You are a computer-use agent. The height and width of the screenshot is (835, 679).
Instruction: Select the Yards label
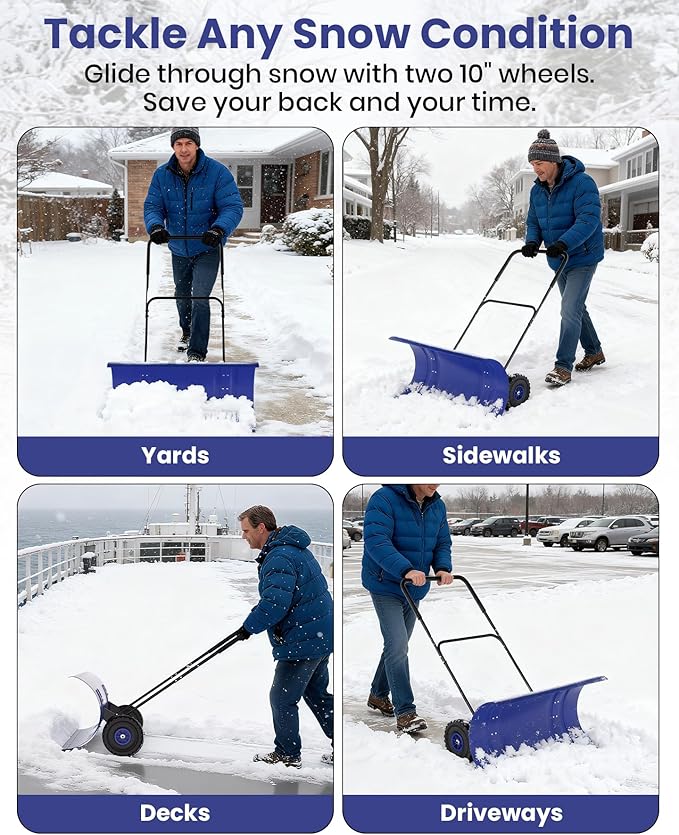click(175, 456)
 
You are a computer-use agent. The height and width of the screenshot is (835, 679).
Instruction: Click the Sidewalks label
click(501, 456)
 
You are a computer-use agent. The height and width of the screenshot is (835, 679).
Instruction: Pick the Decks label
click(175, 813)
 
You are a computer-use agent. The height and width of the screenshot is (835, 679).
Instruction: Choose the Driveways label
click(501, 813)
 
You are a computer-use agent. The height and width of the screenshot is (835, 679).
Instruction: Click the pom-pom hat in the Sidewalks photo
click(544, 147)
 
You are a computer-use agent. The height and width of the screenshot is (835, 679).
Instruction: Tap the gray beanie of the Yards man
click(185, 135)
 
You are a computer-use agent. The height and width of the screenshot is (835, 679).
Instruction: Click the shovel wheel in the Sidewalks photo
click(518, 390)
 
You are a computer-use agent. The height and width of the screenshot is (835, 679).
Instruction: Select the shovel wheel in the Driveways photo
click(458, 738)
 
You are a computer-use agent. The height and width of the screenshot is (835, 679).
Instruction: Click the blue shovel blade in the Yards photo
click(183, 377)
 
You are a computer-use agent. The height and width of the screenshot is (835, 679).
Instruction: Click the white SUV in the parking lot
click(608, 532)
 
